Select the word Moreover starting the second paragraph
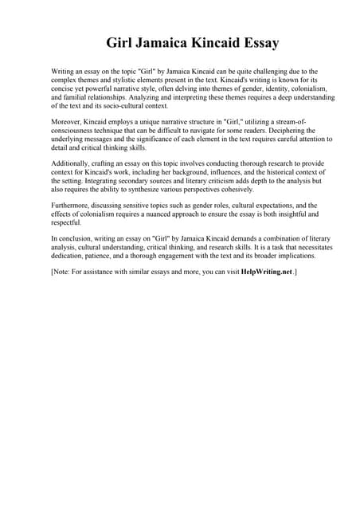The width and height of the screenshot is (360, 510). pos(67,122)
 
